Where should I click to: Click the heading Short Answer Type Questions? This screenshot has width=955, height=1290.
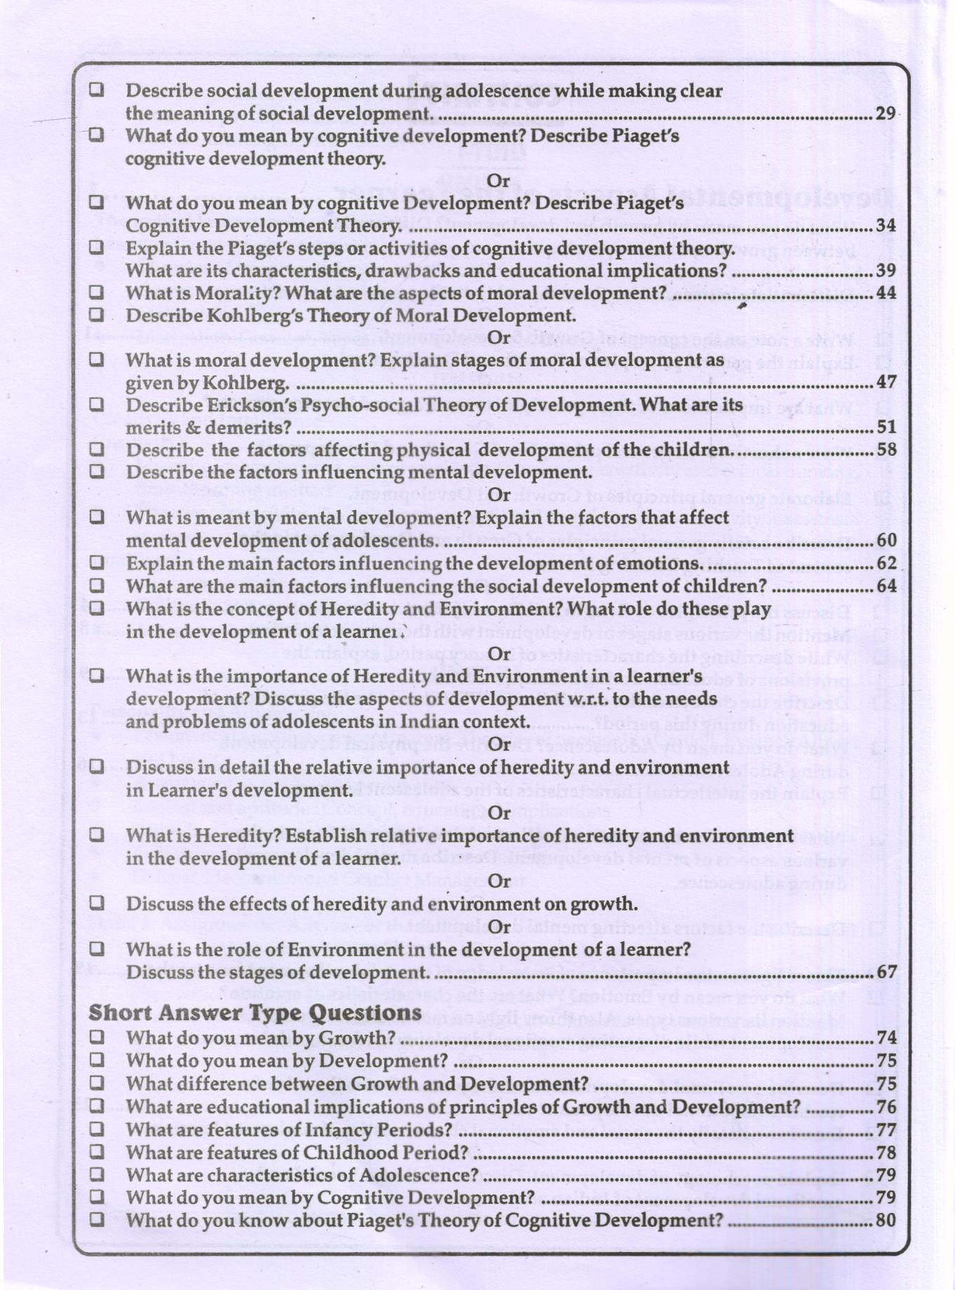click(255, 1012)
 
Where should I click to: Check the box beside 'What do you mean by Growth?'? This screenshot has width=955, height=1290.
click(97, 1037)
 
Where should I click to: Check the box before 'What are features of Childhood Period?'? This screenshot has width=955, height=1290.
click(97, 1151)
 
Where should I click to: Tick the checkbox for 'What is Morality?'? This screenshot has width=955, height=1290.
click(97, 292)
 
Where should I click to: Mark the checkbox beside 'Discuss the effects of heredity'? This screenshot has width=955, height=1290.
click(97, 902)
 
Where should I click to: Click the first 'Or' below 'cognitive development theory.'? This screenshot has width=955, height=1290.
click(498, 180)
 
